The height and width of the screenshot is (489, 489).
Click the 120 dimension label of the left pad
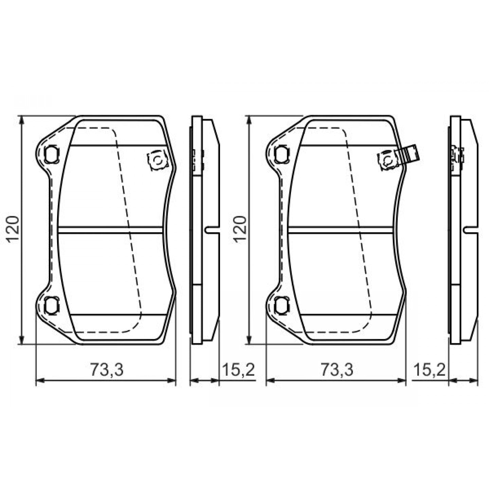14,230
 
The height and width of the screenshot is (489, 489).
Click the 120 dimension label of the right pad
240,230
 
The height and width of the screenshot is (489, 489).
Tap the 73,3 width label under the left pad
107,370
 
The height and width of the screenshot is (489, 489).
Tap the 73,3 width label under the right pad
337,370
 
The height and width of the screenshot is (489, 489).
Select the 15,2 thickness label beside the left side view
238,370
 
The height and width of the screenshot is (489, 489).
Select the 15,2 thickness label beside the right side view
429,370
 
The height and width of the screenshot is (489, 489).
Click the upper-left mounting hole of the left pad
52,154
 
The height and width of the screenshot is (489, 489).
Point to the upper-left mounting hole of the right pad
282,154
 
